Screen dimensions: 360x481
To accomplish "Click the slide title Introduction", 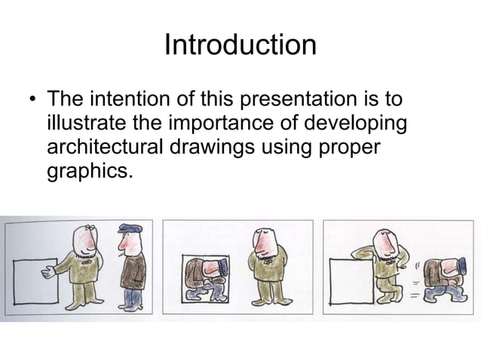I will (240, 44).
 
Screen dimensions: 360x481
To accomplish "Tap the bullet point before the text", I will (31, 101).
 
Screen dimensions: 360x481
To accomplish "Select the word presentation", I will (305, 99).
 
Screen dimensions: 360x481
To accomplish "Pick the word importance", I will (223, 123).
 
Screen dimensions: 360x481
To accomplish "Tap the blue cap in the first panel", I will (127, 228).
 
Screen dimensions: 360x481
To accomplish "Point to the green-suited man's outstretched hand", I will (49, 272).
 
